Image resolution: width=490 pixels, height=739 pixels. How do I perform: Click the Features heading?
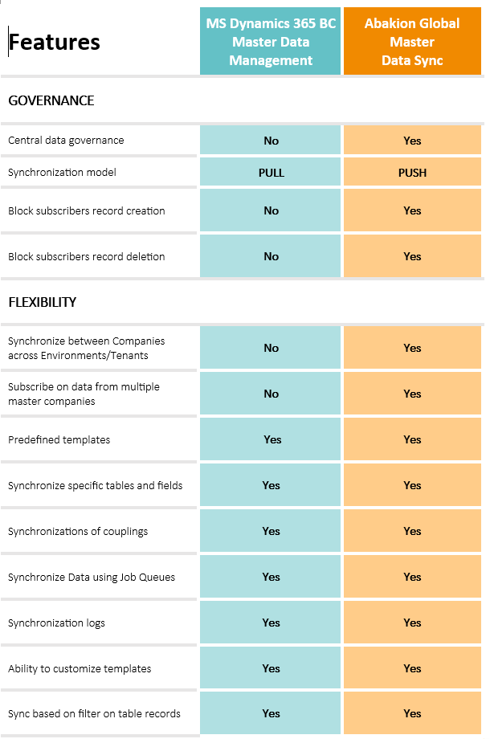55,42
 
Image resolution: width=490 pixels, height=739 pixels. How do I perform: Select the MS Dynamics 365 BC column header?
271,42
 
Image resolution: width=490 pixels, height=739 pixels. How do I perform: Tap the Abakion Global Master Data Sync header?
412,42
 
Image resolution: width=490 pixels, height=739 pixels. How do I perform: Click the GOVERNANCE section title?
51,100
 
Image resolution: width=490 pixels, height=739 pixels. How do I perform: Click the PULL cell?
271,173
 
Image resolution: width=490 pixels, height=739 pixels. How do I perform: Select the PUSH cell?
412,173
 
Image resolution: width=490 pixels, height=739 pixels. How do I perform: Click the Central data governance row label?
66,141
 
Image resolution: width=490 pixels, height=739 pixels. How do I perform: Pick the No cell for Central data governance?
271,141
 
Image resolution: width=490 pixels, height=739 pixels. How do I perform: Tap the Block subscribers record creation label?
87,210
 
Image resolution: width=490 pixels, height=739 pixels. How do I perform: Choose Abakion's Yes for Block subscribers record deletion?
412,256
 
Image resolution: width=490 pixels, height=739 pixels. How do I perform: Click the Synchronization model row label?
62,173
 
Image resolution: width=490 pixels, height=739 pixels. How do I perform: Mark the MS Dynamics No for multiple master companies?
271,394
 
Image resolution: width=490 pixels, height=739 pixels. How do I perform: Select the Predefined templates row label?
59,439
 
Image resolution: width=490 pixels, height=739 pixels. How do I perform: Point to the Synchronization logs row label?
56,623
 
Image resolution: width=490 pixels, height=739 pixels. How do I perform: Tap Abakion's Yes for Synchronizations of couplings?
412,531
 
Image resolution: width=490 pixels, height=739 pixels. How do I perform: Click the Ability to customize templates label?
80,668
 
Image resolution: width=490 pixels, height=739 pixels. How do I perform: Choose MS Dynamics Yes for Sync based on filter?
271,713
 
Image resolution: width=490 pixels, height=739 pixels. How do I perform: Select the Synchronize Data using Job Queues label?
92,577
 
